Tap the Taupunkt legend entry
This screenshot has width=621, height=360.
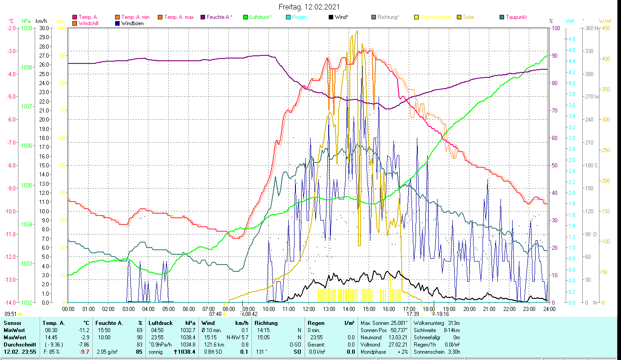(x=516, y=18)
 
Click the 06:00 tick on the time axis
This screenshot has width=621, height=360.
(x=188, y=309)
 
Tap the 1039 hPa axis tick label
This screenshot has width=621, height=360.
(x=27, y=28)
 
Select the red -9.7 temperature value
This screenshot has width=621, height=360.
(x=84, y=351)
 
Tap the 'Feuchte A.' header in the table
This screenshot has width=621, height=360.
(x=108, y=323)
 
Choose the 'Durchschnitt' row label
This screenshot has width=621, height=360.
(x=19, y=344)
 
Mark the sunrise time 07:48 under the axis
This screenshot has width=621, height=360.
(x=215, y=314)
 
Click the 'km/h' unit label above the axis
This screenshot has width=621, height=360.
(x=41, y=21)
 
